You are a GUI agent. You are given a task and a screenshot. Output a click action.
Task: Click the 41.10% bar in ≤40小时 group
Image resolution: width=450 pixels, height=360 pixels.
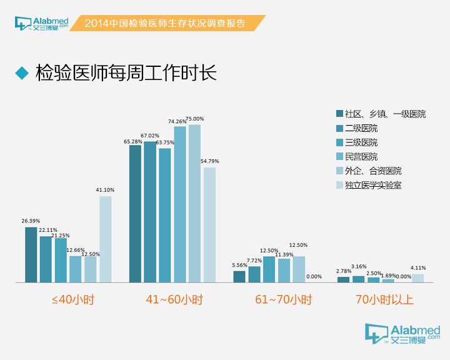point(106,239)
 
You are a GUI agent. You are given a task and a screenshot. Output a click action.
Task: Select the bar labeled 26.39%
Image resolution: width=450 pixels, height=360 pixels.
point(31,255)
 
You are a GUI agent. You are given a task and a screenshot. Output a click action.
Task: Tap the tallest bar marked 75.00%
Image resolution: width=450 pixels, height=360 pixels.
point(194,204)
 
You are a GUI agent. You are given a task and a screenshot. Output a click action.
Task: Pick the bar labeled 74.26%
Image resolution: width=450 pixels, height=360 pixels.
point(180,204)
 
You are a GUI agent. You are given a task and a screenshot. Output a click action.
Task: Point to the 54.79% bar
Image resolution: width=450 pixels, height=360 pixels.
point(209,225)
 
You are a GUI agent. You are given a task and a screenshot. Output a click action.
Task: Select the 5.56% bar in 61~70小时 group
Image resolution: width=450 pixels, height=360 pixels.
point(239,277)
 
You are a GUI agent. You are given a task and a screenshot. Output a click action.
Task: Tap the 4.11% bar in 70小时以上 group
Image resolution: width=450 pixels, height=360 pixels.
point(418,279)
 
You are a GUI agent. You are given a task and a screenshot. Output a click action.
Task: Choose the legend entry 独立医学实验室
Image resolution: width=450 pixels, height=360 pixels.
point(372,185)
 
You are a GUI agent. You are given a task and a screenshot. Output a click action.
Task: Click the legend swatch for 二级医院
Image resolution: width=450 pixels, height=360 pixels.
point(339,129)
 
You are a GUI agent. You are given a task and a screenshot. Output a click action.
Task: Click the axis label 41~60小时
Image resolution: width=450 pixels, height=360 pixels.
point(174,300)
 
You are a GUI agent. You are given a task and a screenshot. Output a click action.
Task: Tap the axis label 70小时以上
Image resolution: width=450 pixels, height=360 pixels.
point(384,300)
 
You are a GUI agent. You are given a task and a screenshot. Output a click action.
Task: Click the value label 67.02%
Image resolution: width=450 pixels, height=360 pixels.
point(150,136)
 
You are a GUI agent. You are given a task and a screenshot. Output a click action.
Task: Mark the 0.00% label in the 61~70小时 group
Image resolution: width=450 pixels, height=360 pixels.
point(314,277)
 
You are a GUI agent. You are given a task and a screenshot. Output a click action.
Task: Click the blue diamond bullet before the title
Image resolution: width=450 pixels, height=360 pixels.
point(22,73)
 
